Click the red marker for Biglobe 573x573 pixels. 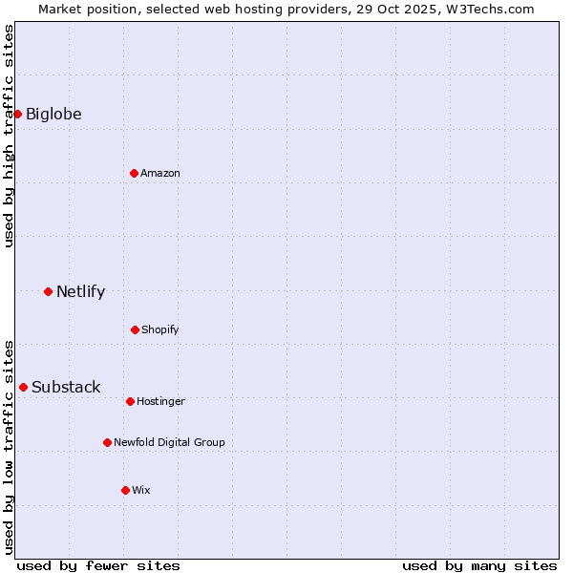tap(17, 114)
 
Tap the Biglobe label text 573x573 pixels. tap(53, 115)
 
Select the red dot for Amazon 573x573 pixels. tap(134, 173)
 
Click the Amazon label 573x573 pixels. tap(160, 174)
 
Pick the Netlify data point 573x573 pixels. tap(48, 291)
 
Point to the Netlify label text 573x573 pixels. tap(80, 292)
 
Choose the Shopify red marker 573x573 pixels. tap(135, 329)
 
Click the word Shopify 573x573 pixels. tap(160, 330)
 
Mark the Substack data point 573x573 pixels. tap(23, 387)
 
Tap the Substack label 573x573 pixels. tap(66, 388)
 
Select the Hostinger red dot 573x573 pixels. tap(130, 401)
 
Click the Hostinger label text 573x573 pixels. tap(160, 402)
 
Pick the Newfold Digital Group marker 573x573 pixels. tap(107, 442)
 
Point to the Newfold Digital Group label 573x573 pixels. tap(169, 443)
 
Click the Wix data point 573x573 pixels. tap(125, 490)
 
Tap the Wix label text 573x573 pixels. tap(141, 491)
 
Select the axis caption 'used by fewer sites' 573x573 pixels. tap(98, 565)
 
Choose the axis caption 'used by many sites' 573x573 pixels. tap(479, 565)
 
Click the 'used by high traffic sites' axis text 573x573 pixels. tap(10, 136)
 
